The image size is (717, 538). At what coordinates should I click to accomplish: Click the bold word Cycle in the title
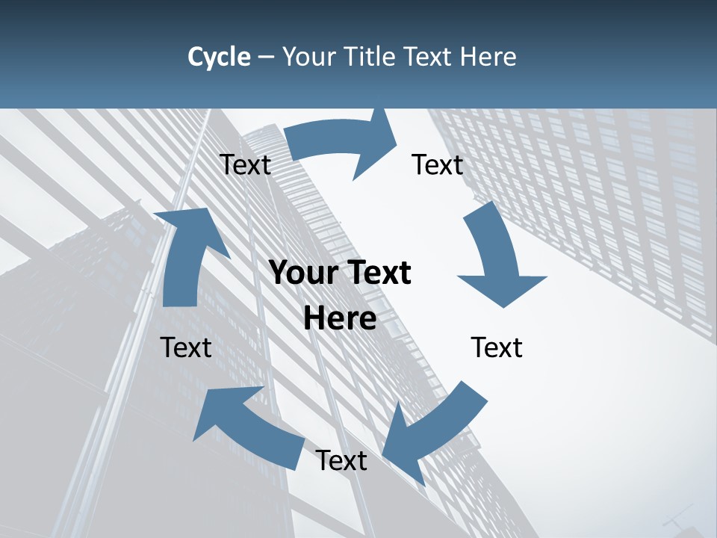[219, 57]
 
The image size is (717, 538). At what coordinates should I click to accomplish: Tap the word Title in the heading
[370, 57]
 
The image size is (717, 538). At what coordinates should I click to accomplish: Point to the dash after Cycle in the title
[266, 58]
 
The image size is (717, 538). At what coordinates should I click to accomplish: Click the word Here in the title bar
[488, 57]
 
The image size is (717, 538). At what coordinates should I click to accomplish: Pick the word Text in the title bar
[429, 57]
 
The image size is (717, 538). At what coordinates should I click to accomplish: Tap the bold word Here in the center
[340, 319]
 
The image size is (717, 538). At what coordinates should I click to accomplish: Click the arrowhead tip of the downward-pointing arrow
[503, 306]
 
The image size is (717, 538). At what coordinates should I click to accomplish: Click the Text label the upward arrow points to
[245, 165]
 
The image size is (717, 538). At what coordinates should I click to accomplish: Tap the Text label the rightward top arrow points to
[438, 164]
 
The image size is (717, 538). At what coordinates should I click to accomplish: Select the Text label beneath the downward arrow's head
[497, 347]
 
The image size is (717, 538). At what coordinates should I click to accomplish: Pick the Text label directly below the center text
[341, 461]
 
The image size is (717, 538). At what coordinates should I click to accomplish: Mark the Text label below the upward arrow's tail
[186, 347]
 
